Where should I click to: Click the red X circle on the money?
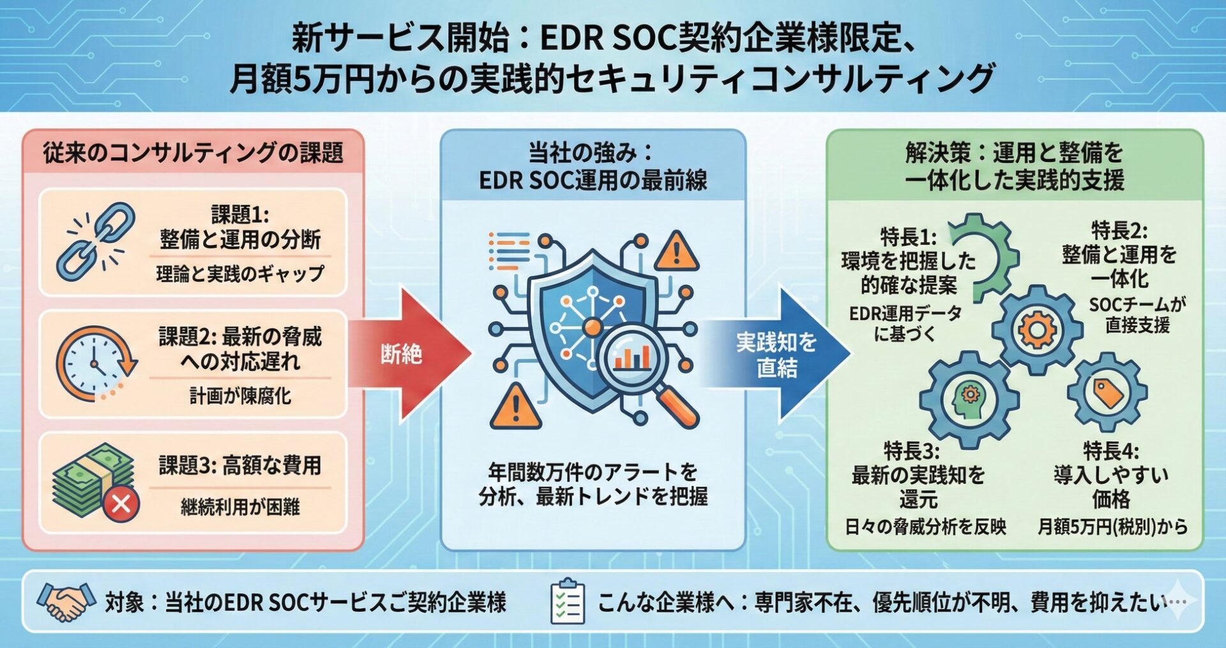(121, 504)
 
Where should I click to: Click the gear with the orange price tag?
(1107, 392)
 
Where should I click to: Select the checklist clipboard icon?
(566, 601)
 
